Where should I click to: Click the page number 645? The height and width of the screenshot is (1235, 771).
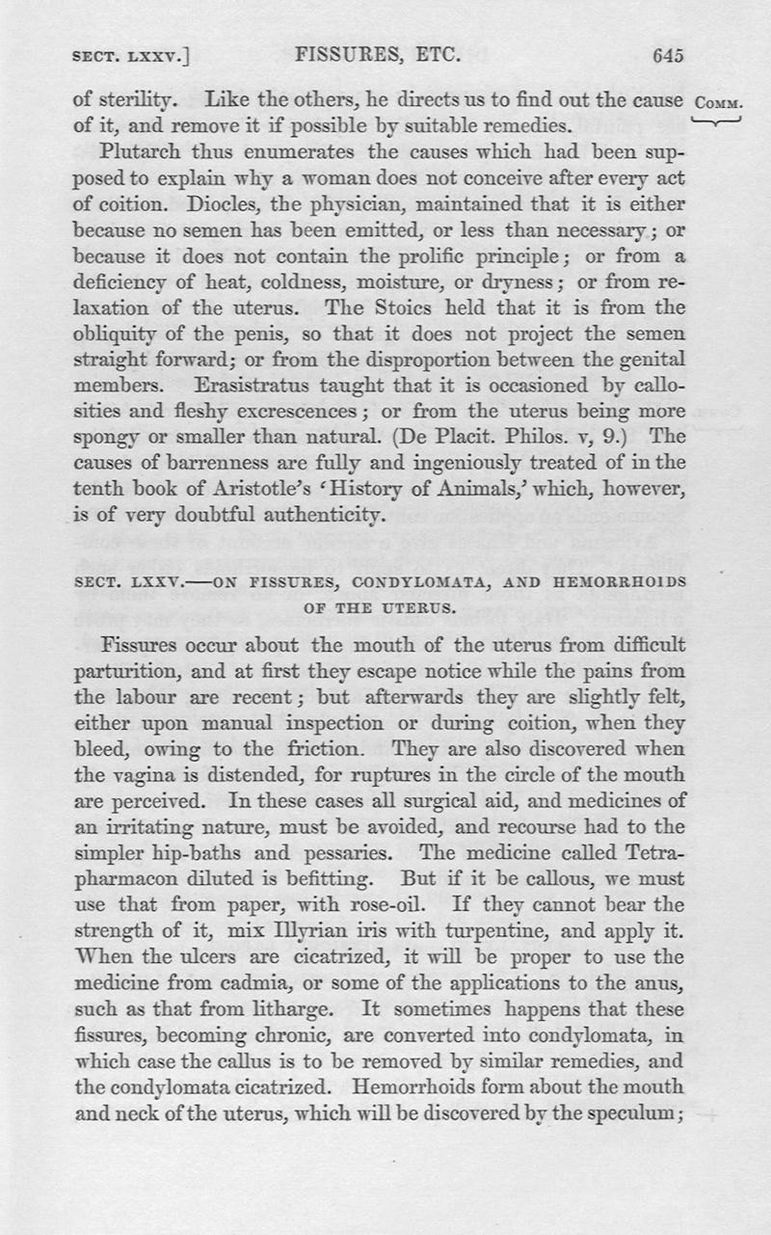pos(667,56)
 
